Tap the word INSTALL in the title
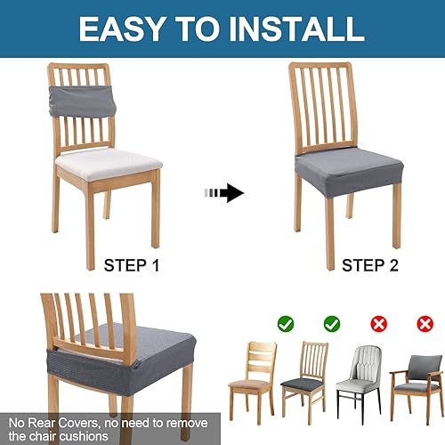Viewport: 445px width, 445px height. (298, 28)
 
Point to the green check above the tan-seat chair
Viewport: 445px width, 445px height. (286, 325)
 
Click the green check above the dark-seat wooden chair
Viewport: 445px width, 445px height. (331, 325)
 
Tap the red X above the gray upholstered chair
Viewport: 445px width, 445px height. (379, 325)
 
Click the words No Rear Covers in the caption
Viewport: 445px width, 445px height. (44, 422)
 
